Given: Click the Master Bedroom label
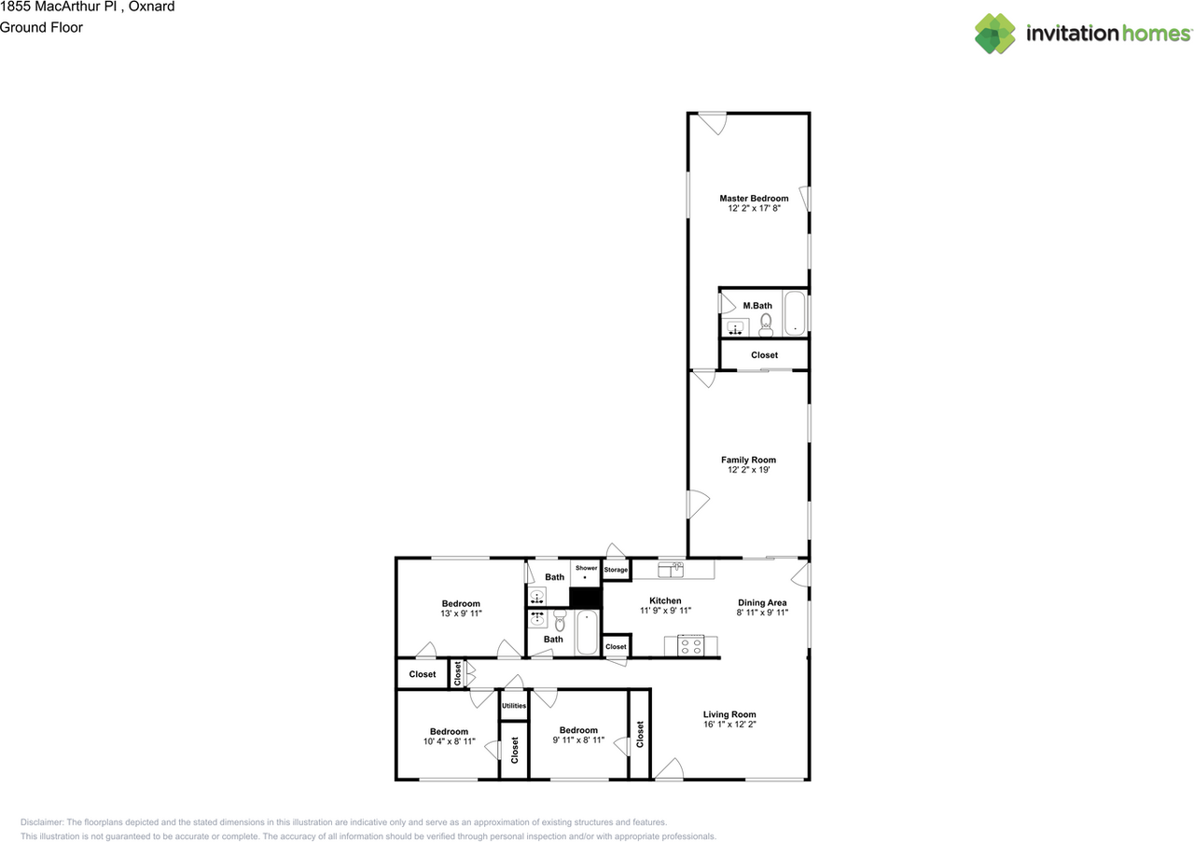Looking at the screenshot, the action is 754,199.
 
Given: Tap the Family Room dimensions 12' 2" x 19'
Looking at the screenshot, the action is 748,470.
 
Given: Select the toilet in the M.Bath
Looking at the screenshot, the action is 766,325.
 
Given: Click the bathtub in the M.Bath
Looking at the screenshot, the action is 795,314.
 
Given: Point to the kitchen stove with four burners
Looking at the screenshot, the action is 691,646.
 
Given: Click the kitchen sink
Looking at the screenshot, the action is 671,570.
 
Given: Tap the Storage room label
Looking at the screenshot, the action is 616,570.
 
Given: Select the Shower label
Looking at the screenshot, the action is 586,568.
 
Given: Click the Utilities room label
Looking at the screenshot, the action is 514,706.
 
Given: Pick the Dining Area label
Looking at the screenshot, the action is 762,602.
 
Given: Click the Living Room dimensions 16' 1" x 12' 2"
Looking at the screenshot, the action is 729,725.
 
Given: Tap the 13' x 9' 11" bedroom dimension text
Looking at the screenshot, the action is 461,614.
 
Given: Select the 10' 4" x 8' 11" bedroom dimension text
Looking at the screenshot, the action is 449,741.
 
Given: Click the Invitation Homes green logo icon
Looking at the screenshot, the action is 994,34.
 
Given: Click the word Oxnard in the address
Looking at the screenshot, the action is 151,7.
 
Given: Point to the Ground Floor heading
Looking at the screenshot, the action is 41,28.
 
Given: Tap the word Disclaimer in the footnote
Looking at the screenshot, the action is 42,822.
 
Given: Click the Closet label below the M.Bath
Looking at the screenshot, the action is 764,355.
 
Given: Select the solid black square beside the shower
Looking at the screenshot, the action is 585,598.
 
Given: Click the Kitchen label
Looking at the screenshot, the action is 665,600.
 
